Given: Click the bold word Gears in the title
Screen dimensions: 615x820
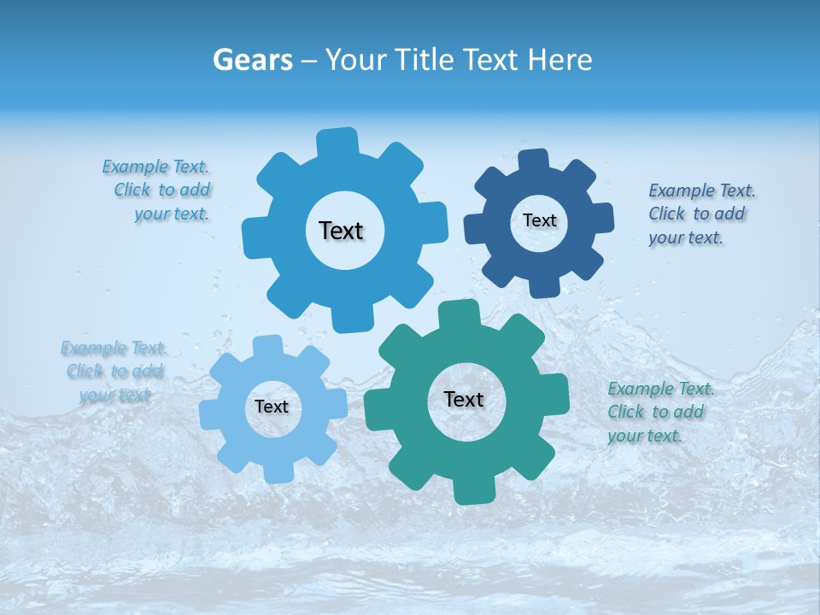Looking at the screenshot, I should [x=253, y=60].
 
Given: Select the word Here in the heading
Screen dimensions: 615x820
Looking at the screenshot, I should [x=559, y=60].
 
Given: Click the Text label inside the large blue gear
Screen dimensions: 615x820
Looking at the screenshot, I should [x=341, y=231].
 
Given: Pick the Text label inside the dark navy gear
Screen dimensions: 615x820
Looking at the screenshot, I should [x=539, y=220].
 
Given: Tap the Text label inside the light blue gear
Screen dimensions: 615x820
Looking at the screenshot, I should [x=272, y=407].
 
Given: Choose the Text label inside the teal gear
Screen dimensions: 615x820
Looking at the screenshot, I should [x=464, y=399].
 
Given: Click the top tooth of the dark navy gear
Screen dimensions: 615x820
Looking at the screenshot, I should [x=533, y=161].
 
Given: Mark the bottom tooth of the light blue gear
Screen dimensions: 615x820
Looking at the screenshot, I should [x=276, y=472].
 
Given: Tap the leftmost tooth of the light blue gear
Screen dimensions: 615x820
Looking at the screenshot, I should [x=210, y=413].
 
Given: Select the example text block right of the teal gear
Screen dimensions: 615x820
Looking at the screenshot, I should [x=660, y=412].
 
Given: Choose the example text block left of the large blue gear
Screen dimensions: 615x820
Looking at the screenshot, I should [x=159, y=190].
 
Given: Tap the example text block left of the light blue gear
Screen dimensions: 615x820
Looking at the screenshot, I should [x=114, y=372].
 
